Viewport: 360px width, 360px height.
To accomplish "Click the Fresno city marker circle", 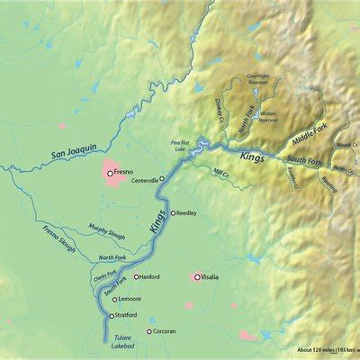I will tap(110, 173).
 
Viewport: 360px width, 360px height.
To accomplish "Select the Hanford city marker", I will tap(136, 276).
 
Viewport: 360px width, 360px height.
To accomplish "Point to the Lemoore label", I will tap(130, 298).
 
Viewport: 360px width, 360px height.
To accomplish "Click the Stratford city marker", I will tap(112, 317).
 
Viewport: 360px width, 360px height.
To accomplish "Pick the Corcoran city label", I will tap(166, 332).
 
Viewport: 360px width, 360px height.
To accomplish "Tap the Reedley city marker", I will tap(173, 213).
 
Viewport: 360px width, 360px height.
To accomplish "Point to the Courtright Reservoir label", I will tap(258, 82).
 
